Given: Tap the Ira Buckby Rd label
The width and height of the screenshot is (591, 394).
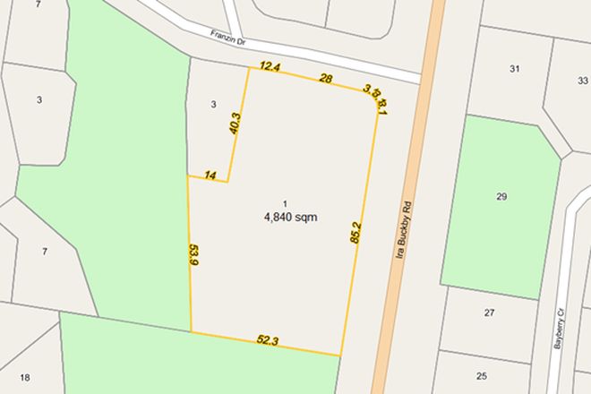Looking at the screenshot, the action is pos(403,231).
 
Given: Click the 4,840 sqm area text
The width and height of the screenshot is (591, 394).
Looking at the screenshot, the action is pos(291,217).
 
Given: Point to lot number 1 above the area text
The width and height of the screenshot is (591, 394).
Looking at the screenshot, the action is pos(286,203).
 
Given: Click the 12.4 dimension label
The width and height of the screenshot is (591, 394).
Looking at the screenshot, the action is pos(270,67).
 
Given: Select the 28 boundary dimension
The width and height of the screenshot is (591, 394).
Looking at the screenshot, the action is pos(326,79).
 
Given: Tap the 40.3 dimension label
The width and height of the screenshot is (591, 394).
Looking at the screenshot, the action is pos(236,124).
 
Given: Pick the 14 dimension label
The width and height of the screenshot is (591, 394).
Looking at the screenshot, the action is pos(210,175).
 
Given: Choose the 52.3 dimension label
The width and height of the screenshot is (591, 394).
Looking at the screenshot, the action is pos(268,341).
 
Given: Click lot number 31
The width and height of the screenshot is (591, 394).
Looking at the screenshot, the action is pos(515,69).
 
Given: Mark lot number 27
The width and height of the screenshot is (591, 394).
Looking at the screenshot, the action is pos(489,313).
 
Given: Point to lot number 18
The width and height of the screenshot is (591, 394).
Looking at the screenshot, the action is pos(25,377).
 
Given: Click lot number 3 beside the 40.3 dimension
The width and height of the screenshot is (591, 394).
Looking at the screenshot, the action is pos(213,105).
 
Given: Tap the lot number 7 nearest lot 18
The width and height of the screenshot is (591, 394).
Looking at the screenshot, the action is pos(44,252).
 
